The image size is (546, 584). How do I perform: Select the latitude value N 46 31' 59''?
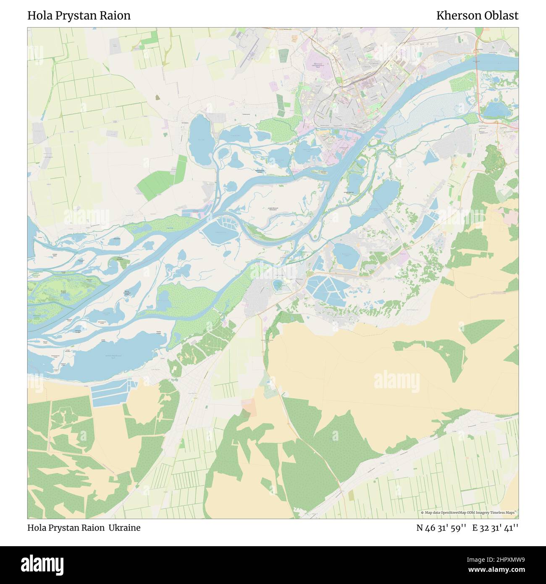point(441,528)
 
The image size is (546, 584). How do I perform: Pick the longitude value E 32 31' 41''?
point(495,528)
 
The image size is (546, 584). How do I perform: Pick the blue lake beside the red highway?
point(495,110)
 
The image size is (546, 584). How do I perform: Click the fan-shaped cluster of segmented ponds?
point(325,288)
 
